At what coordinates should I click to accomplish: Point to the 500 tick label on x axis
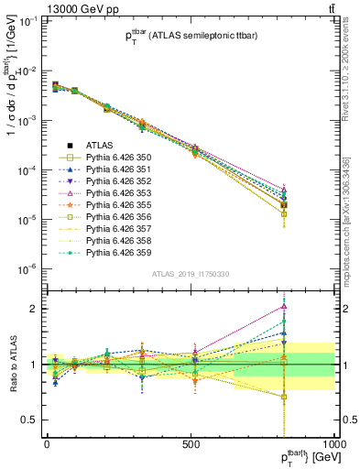191,444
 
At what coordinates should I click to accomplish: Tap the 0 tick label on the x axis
47,444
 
